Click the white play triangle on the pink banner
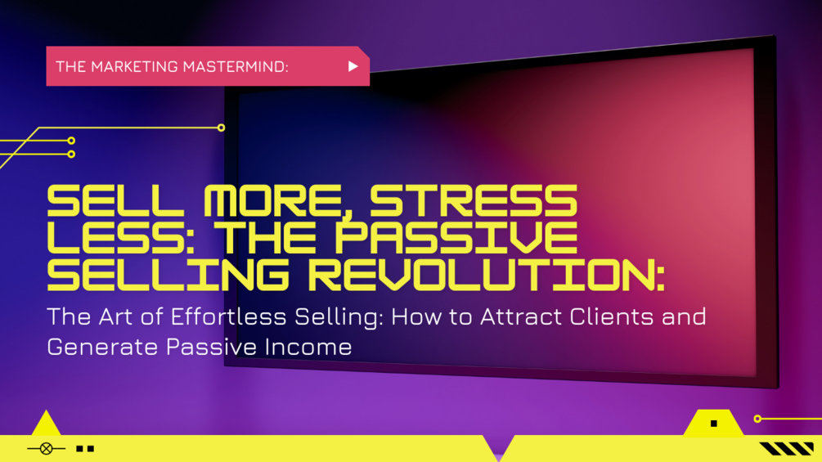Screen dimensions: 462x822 pyautogui.click(x=353, y=66)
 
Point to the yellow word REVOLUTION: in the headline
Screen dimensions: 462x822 pyautogui.click(x=487, y=276)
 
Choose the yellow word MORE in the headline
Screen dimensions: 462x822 pyautogui.click(x=266, y=201)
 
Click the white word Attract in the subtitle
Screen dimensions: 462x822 pyautogui.click(x=497, y=316)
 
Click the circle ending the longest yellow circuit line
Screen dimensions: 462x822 pyautogui.click(x=221, y=128)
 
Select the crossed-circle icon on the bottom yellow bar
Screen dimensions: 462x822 pyautogui.click(x=46, y=448)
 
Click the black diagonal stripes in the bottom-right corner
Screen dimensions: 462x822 pyautogui.click(x=786, y=448)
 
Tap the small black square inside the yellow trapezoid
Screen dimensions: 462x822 pyautogui.click(x=714, y=424)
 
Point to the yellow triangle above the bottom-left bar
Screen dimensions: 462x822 pyautogui.click(x=46, y=424)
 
